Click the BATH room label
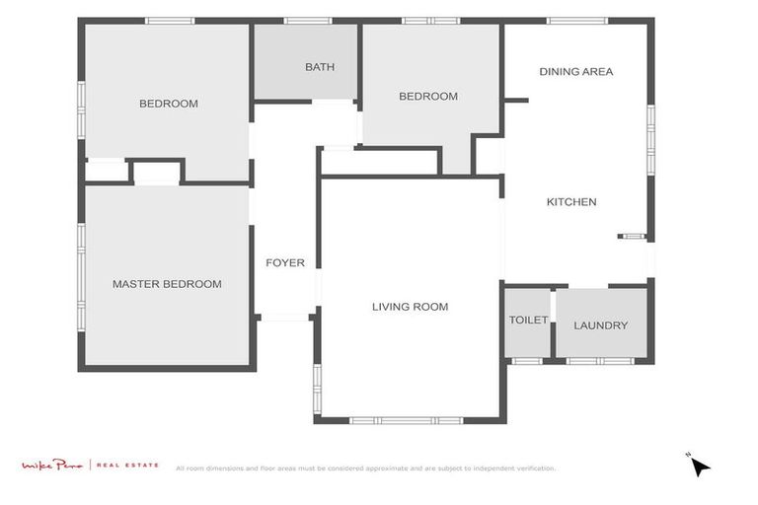pos(319,67)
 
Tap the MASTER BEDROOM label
pos(167,284)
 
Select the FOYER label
pos(285,263)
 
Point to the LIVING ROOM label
pos(410,307)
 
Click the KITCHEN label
pos(571,202)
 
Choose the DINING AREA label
pos(576,71)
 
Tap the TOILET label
pos(528,321)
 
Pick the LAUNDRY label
pos(600,325)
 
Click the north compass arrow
pos(700,466)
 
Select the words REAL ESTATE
pos(127,465)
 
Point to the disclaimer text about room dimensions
pos(365,469)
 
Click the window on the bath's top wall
pos(306,21)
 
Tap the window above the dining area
pos(577,21)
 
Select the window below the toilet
pos(527,361)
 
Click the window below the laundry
pos(600,361)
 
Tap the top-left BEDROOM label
pos(168,104)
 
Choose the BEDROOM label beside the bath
pos(428,96)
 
